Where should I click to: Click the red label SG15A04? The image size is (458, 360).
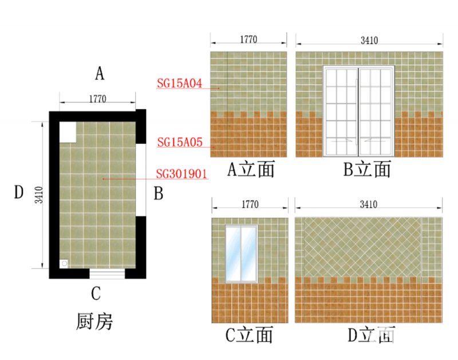[x=179, y=84]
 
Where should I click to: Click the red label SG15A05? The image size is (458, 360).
[x=179, y=141]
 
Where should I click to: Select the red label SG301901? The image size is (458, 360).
[x=181, y=173]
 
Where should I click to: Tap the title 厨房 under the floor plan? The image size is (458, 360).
[x=94, y=321]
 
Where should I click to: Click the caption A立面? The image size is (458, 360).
[x=251, y=169]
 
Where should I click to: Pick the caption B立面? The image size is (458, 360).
[x=367, y=169]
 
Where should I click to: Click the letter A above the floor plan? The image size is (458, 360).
[x=100, y=73]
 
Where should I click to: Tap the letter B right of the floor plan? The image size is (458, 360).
[x=159, y=193]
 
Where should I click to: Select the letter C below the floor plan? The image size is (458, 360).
[x=96, y=294]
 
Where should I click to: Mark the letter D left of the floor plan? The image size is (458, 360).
[x=18, y=193]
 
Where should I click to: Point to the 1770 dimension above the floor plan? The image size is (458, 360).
[x=97, y=98]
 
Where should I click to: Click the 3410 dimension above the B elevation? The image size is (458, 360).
[x=369, y=40]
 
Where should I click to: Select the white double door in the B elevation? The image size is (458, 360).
[x=359, y=111]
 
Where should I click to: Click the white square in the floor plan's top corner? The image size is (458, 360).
[x=67, y=132]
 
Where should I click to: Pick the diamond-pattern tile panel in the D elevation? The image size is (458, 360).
[x=361, y=247]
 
